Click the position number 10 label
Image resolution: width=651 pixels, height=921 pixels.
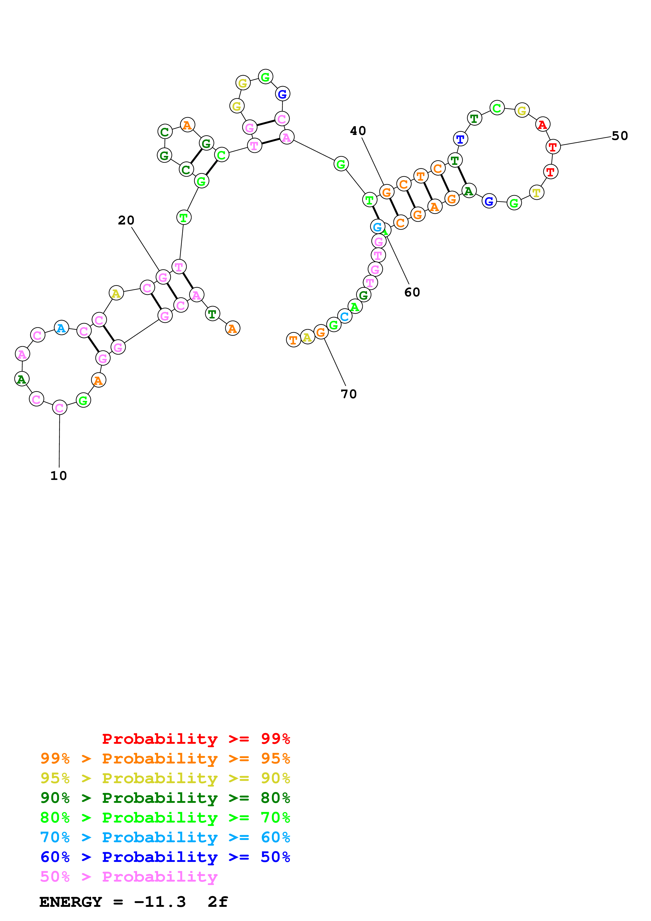tap(59, 475)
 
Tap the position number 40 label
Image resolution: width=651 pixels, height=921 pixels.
tap(358, 130)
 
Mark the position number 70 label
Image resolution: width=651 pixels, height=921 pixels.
tap(348, 394)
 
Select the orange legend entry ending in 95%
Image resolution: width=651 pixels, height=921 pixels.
tap(165, 758)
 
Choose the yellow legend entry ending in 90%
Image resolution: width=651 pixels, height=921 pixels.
tap(165, 778)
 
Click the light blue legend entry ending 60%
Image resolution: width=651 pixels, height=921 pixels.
tap(165, 837)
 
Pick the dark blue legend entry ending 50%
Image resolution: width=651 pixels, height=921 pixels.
tap(165, 857)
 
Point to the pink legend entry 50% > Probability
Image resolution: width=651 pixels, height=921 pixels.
tap(129, 876)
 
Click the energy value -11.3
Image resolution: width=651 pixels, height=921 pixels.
tap(160, 902)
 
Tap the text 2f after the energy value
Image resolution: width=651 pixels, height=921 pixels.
tap(218, 902)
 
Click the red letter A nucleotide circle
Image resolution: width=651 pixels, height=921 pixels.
tap(542, 125)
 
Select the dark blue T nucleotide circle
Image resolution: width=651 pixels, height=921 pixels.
tap(460, 139)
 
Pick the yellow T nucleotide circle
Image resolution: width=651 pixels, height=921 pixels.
tap(536, 192)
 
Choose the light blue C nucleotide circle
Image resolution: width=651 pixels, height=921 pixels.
tap(345, 316)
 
